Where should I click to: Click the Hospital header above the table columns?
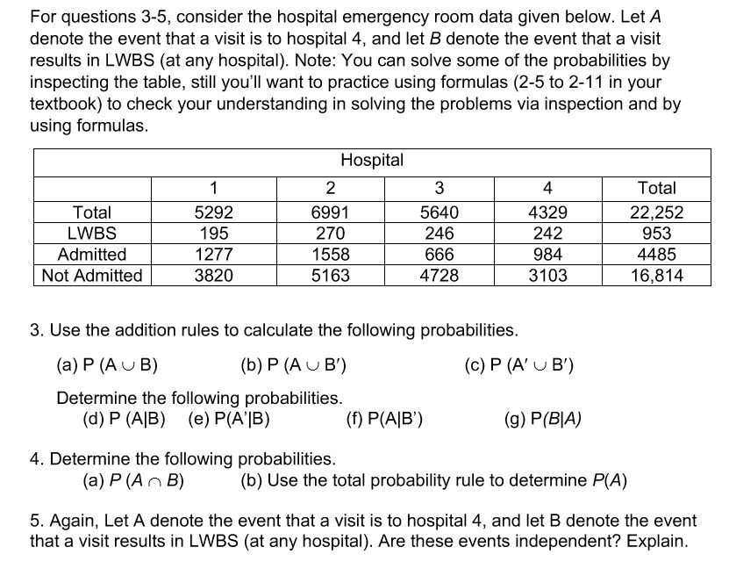pyautogui.click(x=372, y=161)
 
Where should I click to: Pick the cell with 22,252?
pyautogui.click(x=656, y=212)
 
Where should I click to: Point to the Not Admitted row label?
pyautogui.click(x=91, y=276)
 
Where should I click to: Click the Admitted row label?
pyautogui.click(x=91, y=255)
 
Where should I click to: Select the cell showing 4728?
pyautogui.click(x=439, y=276)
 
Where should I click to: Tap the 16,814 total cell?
pyautogui.click(x=656, y=276)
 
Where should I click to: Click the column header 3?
pyautogui.click(x=439, y=188)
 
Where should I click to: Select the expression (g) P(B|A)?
pyautogui.click(x=544, y=418)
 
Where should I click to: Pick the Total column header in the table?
pyautogui.click(x=656, y=188)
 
